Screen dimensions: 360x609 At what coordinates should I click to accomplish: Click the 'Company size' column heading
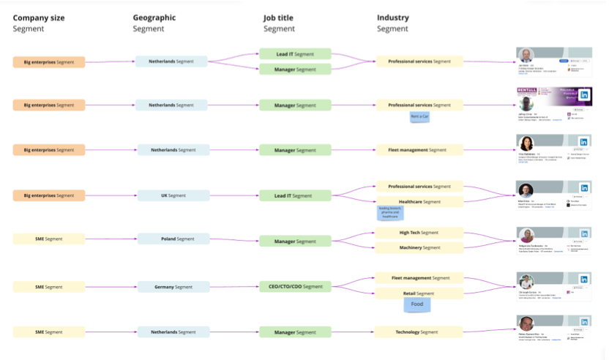tap(38, 18)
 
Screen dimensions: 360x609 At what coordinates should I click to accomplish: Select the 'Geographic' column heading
tap(154, 18)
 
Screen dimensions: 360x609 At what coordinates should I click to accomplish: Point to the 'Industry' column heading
tap(392, 18)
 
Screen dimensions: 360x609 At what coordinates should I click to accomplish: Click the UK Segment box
tap(173, 195)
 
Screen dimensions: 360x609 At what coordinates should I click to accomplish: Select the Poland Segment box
tap(173, 239)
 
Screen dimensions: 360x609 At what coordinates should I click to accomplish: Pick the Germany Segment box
tap(173, 287)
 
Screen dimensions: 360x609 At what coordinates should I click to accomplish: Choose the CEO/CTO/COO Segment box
tap(295, 286)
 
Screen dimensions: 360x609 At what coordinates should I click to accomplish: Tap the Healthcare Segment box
tap(419, 201)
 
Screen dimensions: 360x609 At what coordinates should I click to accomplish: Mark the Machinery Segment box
tap(419, 247)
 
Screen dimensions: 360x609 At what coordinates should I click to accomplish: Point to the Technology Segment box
tap(419, 332)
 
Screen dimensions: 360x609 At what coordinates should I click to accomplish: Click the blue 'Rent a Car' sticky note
tap(419, 117)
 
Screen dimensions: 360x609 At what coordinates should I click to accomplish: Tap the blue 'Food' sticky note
tap(416, 304)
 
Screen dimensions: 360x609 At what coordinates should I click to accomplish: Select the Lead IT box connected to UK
tap(295, 195)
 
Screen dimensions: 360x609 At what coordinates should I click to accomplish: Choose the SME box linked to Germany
tap(49, 287)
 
